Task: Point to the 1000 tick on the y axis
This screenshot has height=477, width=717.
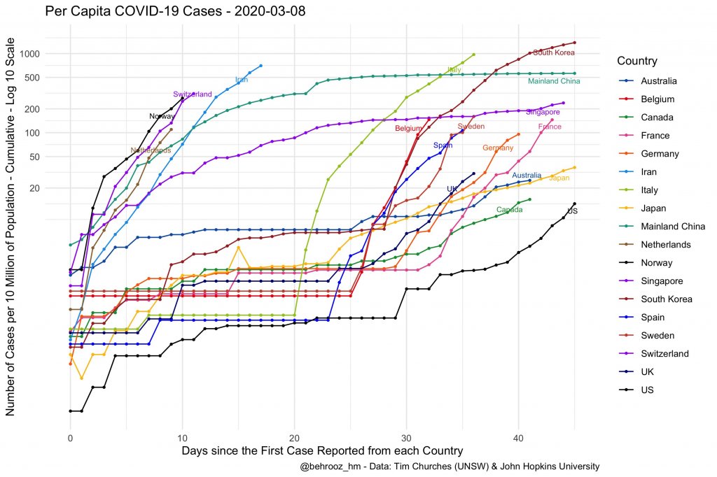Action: point(50,54)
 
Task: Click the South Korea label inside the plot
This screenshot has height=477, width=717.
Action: point(554,52)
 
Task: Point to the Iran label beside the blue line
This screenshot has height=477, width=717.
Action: point(242,80)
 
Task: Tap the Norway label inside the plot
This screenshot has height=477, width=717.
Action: point(162,116)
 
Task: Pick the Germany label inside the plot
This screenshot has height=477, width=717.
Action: point(498,148)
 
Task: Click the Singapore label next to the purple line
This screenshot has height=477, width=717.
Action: point(543,112)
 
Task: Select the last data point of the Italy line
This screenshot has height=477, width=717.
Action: point(474,55)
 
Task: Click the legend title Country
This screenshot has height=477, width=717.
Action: point(637,61)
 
